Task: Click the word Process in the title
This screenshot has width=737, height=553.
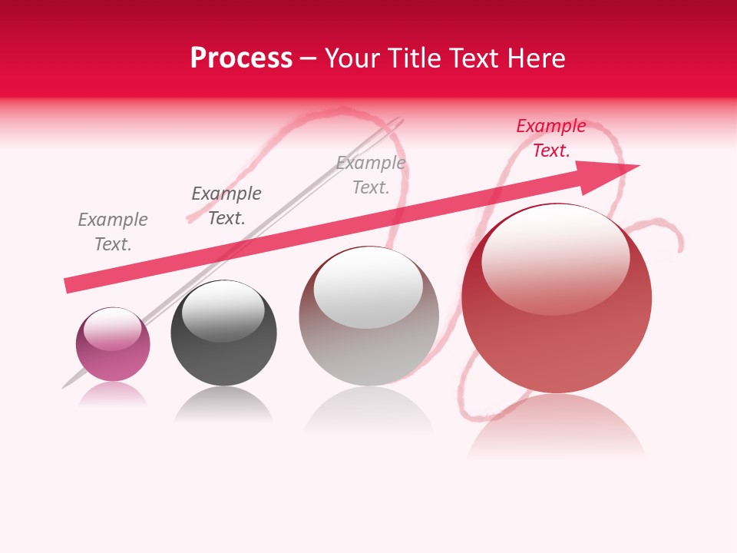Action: point(241,58)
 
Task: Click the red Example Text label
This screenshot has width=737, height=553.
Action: point(550,138)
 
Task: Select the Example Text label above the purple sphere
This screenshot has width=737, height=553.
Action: point(113,232)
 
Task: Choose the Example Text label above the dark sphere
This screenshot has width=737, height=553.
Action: point(226,206)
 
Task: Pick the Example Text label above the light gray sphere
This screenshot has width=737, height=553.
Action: point(371,175)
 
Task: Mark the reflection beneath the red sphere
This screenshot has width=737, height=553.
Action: point(557,426)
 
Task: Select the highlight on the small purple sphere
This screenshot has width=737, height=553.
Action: point(113,329)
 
